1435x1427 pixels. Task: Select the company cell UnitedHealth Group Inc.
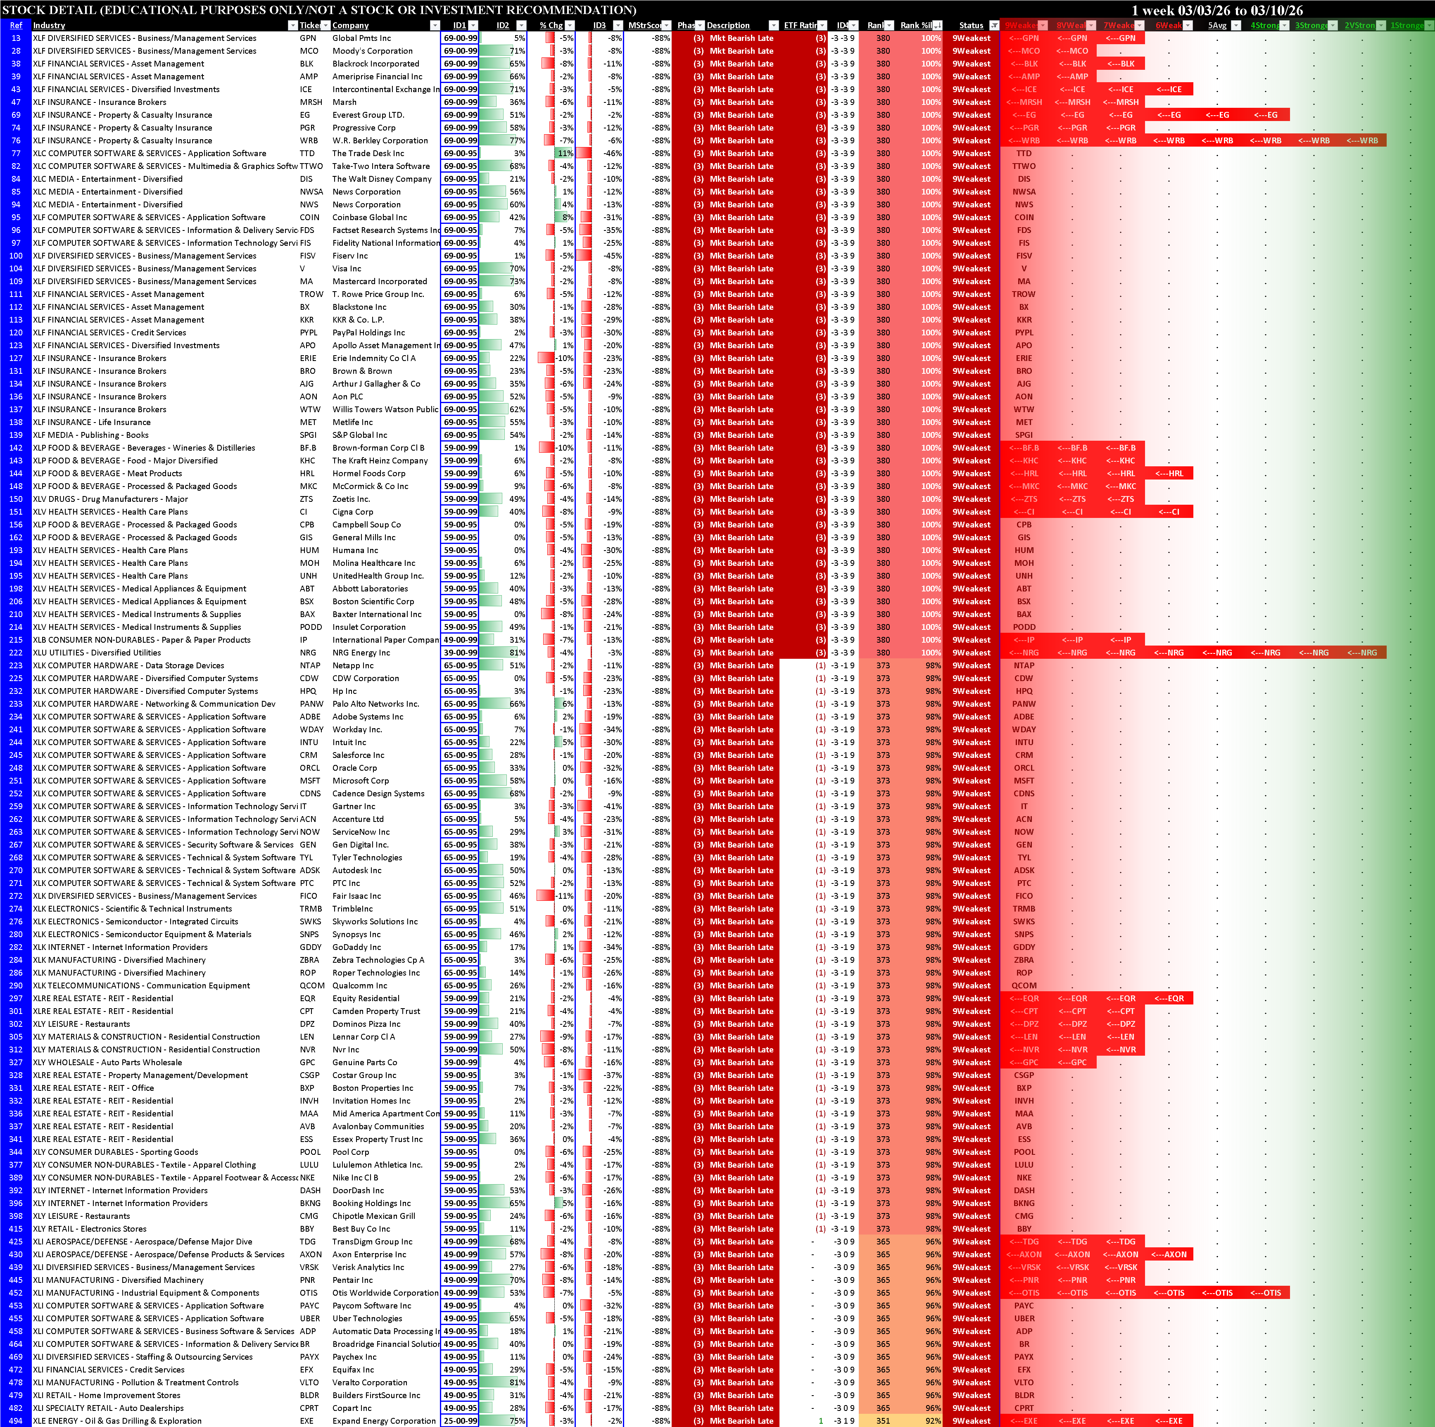[377, 576]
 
